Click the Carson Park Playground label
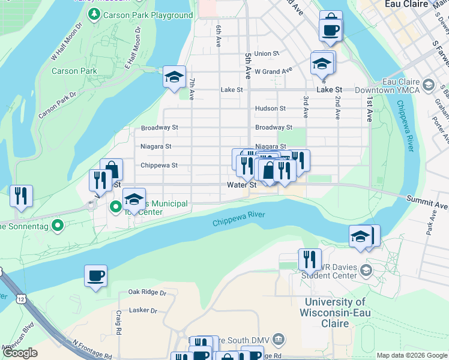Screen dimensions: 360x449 point(147,15)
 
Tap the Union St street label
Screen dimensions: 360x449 point(267,53)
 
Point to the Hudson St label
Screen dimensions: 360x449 point(270,109)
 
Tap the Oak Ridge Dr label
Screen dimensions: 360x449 point(147,292)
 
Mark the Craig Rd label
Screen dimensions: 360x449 point(119,323)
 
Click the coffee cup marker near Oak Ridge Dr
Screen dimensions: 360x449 point(96,276)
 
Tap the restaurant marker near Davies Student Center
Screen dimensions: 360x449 point(310,259)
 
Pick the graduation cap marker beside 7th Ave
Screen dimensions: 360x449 point(174,77)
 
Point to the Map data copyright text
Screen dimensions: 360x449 point(411,355)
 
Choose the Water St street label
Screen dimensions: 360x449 point(242,185)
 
